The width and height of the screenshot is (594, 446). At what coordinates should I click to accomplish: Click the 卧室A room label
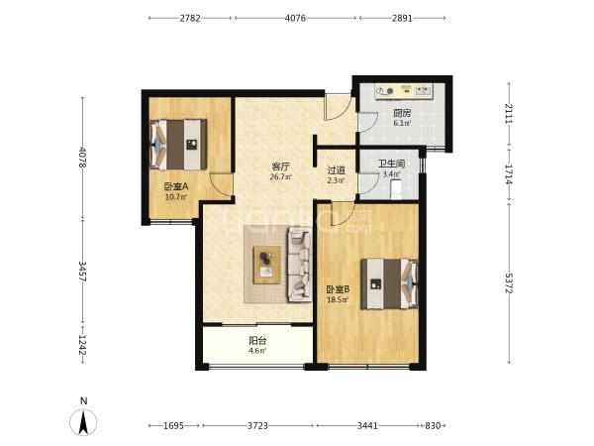176,186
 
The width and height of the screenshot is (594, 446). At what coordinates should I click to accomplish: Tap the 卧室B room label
338,289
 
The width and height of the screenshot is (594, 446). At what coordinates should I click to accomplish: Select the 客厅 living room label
281,167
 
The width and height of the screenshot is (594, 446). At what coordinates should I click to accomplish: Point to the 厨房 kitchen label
402,113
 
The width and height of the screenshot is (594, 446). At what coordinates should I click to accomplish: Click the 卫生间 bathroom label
391,164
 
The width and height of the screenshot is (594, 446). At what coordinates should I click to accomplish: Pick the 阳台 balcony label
257,341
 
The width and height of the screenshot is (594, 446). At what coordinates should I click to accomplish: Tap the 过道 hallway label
336,170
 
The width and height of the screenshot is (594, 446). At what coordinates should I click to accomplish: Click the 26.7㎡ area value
281,176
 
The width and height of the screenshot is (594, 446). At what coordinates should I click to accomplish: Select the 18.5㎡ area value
338,300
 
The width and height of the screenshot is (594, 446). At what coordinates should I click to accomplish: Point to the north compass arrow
83,422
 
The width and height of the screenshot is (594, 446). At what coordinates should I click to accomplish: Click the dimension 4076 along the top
295,18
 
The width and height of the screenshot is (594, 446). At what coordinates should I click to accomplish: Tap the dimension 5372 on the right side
509,282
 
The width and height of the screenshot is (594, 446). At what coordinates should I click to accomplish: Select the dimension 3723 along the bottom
257,425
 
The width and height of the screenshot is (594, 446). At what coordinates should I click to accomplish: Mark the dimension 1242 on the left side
82,345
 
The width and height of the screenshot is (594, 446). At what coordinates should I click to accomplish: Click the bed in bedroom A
178,145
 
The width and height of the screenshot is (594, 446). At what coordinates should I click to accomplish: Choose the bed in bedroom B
389,284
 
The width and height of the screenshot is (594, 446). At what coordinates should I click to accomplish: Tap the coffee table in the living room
267,265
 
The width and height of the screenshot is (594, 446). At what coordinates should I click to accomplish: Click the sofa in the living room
300,265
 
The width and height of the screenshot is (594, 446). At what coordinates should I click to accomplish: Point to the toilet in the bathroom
396,189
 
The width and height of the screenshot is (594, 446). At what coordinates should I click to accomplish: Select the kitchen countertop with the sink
404,91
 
